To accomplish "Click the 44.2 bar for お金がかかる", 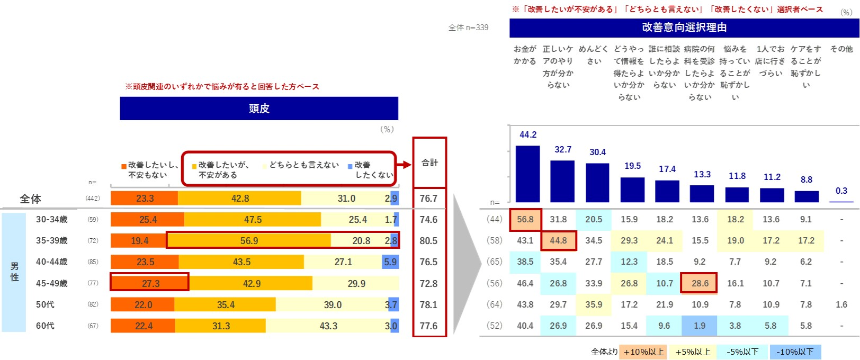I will [x=527, y=174].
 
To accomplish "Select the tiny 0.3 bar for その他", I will [x=841, y=201].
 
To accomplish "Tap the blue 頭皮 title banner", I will [x=259, y=109].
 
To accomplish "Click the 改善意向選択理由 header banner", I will [x=684, y=28].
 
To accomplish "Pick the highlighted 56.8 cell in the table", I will [x=525, y=220].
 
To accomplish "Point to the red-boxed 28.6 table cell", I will [x=700, y=283].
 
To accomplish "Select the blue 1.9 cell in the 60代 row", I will [x=700, y=326].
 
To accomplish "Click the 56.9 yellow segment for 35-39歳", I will [x=249, y=241].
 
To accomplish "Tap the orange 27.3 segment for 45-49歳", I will [x=150, y=283].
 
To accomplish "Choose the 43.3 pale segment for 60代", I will [x=328, y=326].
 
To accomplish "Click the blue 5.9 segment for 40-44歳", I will [x=390, y=262].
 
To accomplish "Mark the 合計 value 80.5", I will [x=428, y=241].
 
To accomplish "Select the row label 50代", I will [x=45, y=304].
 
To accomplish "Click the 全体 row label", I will [x=30, y=199].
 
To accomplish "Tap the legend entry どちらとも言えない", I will [x=303, y=165].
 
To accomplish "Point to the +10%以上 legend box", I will [x=643, y=352].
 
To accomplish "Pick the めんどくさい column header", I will [x=594, y=55].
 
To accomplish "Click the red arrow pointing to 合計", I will [x=405, y=165].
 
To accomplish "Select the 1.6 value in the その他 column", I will [x=841, y=304].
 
